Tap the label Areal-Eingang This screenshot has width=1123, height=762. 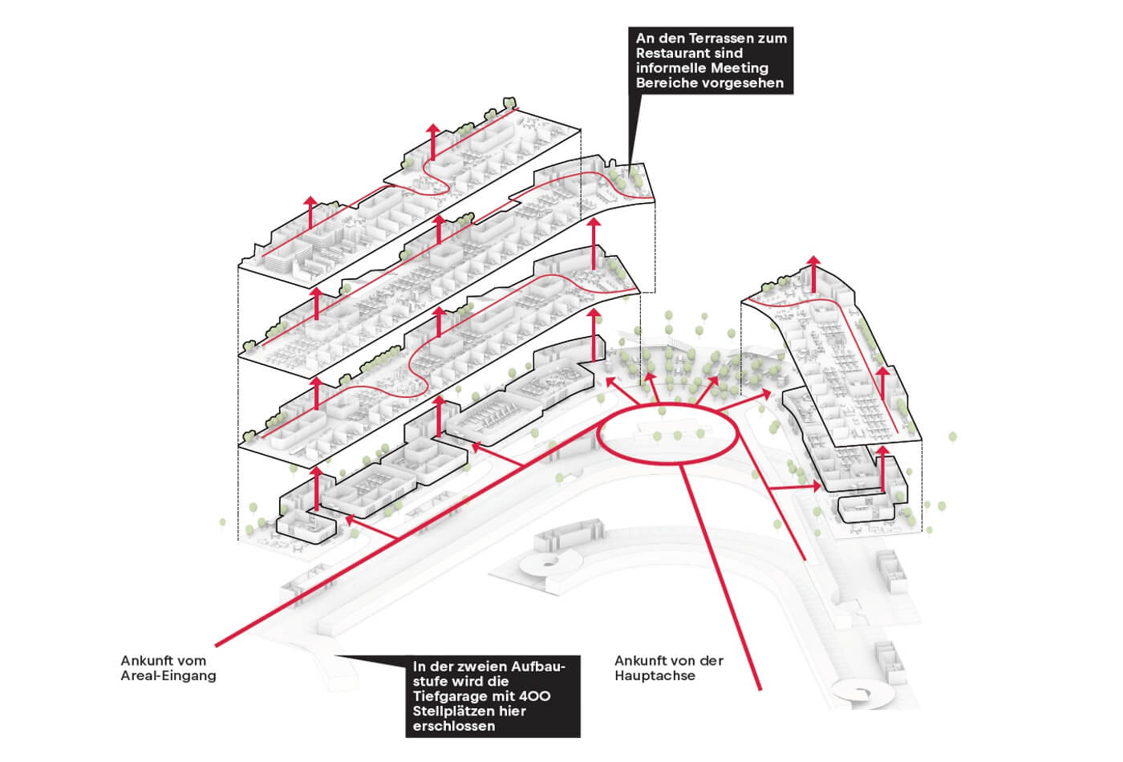tap(168, 675)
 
